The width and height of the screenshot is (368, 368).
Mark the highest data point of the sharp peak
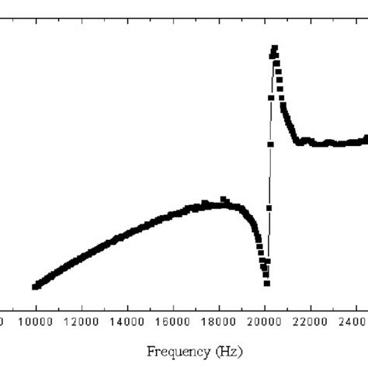274,48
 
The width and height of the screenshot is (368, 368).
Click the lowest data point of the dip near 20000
266,283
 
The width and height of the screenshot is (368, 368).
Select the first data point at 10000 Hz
36,286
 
